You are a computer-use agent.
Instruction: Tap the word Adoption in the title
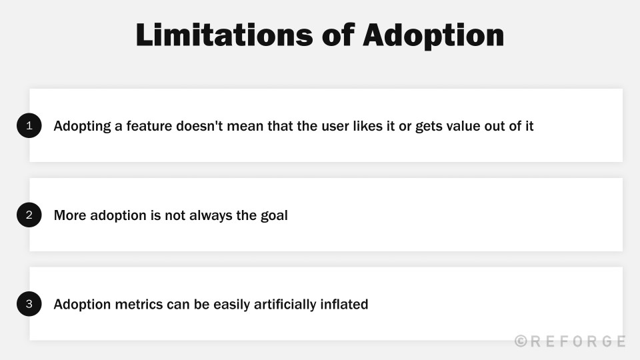tap(433, 35)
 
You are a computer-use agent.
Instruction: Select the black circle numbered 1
tap(29, 125)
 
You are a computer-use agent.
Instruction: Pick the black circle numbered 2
tap(29, 215)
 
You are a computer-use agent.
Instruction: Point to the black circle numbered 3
tap(29, 304)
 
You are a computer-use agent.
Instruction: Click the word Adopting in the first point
tap(81, 126)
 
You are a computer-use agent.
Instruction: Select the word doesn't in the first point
tap(200, 125)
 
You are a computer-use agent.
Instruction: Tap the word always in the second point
tap(205, 215)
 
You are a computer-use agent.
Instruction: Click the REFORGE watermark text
tap(577, 341)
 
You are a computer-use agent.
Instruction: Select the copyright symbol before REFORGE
tap(521, 341)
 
